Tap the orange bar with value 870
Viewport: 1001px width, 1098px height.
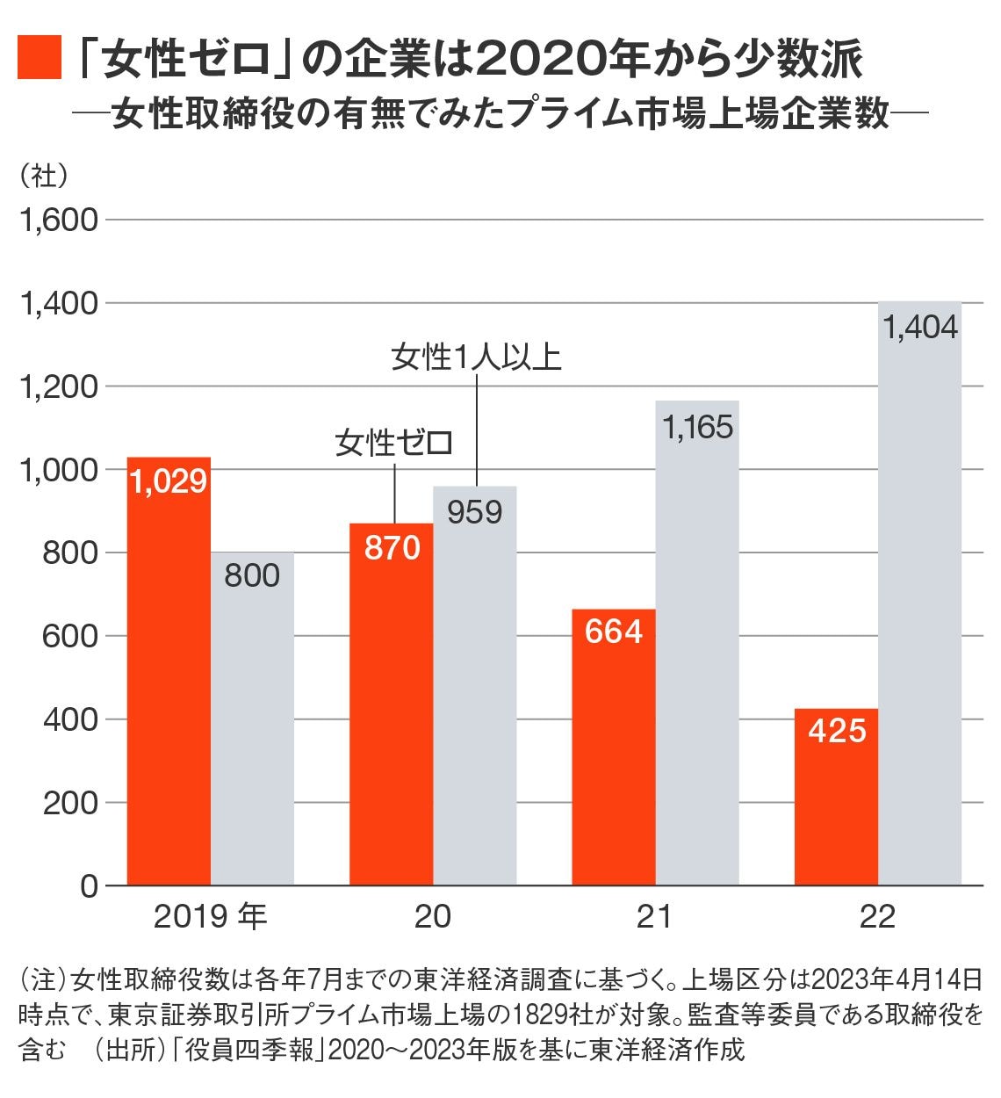coord(391,704)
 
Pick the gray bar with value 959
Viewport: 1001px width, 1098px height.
coord(475,685)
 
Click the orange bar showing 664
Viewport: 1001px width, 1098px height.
coord(613,747)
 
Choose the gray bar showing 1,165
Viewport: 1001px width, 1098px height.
coord(697,642)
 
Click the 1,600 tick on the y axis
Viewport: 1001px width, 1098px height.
coord(59,220)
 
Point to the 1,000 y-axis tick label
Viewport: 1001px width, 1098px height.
coord(59,469)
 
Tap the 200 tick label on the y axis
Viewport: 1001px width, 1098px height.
coord(70,803)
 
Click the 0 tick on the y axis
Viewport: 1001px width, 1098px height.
coord(89,886)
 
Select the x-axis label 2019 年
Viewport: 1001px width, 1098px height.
coord(210,916)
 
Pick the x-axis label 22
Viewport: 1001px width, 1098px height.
coord(877,916)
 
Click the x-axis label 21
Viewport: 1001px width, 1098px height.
coord(654,916)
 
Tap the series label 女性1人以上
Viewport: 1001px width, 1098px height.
coord(476,358)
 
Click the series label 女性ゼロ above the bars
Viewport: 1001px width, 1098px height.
coord(393,442)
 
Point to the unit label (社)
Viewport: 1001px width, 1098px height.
coord(44,175)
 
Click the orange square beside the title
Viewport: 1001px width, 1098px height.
coord(40,58)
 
